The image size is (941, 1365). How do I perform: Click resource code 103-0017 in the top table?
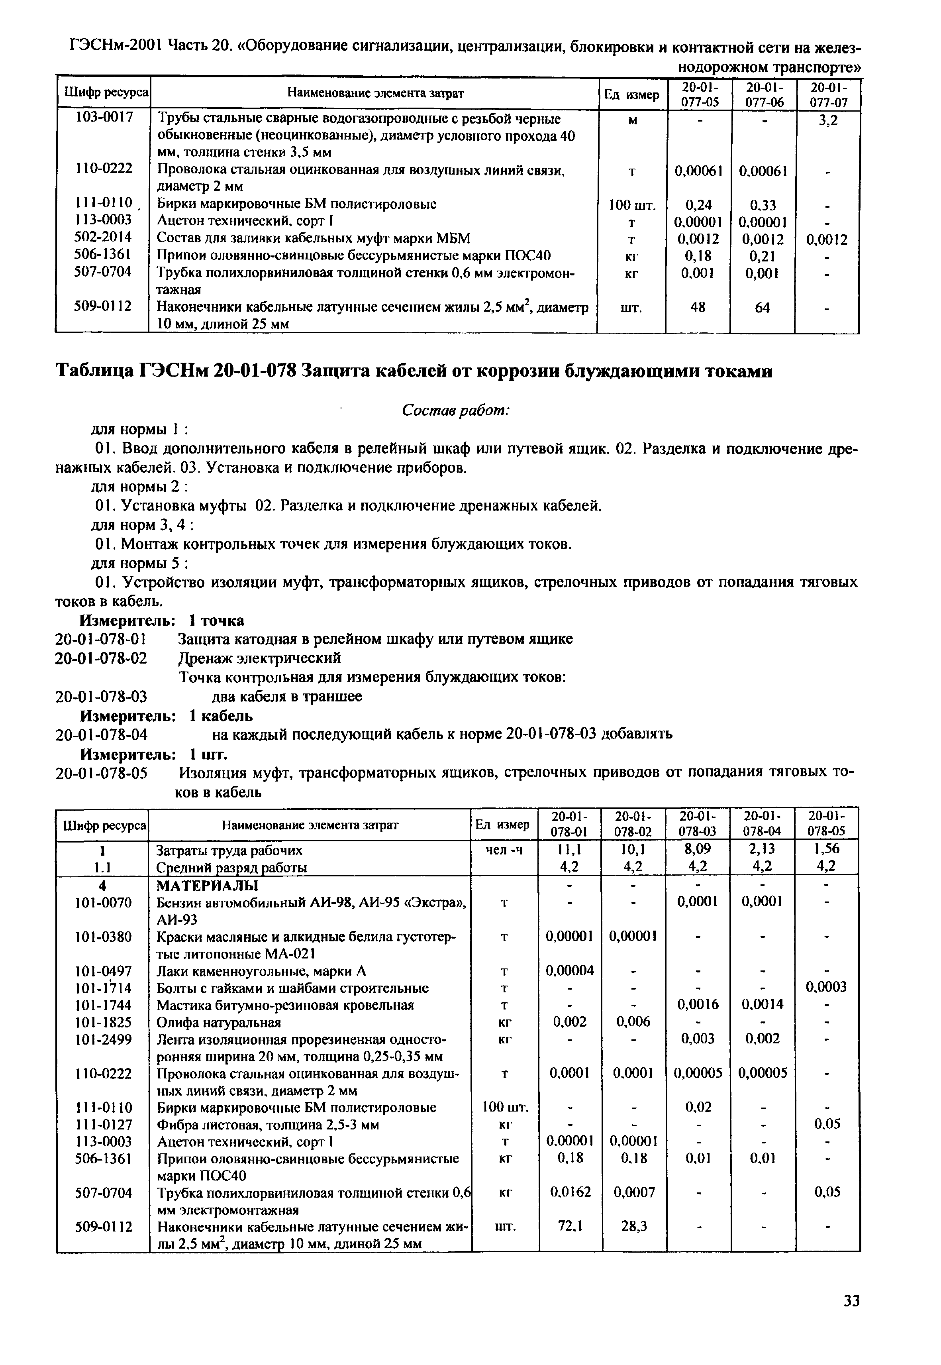tap(104, 118)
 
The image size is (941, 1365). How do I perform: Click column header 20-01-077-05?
tap(699, 94)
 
